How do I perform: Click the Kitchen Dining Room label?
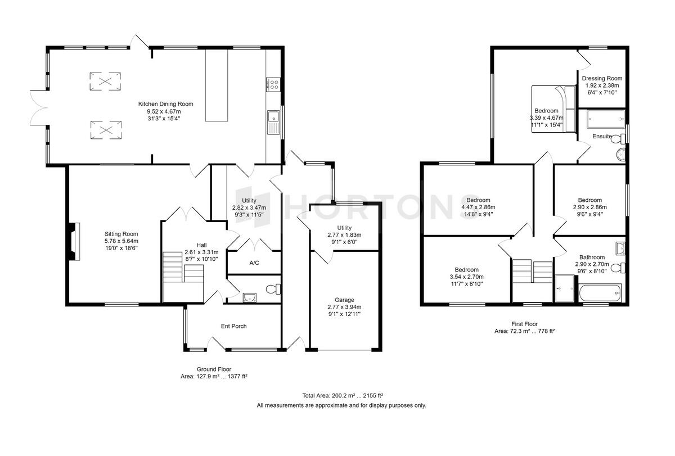coord(165,104)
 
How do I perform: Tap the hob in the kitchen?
coord(273,84)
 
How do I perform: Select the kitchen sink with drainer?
coord(273,123)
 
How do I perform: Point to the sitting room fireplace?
coord(74,241)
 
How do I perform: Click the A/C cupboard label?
coord(254,263)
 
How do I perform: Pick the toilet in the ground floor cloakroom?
coord(273,289)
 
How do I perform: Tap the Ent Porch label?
coord(233,326)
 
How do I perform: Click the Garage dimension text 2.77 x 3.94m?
coord(344,307)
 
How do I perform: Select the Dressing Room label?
coord(602,78)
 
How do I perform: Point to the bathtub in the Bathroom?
coord(600,293)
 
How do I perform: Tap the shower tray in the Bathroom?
coord(564,288)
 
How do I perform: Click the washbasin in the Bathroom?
coord(620,249)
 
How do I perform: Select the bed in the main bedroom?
coord(553,109)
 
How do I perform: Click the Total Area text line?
coord(343,395)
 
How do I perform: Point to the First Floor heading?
coord(524,324)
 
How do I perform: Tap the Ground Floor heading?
coord(214,369)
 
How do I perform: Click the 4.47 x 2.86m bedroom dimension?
coord(478,207)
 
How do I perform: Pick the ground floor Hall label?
coord(201,245)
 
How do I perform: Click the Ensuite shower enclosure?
coord(606,119)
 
